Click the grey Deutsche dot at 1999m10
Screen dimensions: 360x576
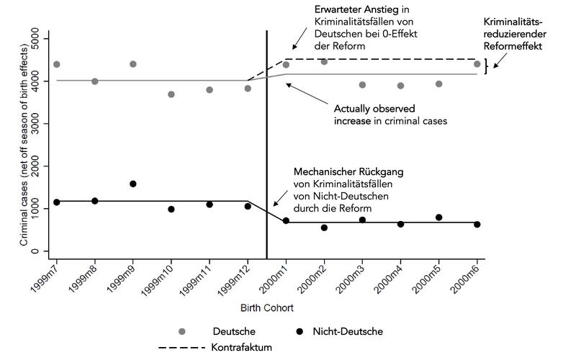[x=171, y=94]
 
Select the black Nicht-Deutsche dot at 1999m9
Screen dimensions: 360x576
[x=132, y=184]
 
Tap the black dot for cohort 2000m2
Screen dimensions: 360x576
[x=324, y=228]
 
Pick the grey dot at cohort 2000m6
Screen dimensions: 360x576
[x=477, y=64]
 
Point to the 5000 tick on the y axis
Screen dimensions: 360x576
[x=45, y=38]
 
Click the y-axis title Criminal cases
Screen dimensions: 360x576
[x=25, y=144]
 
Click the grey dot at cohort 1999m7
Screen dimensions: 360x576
[x=56, y=65]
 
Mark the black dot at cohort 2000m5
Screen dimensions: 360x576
[x=438, y=217]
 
